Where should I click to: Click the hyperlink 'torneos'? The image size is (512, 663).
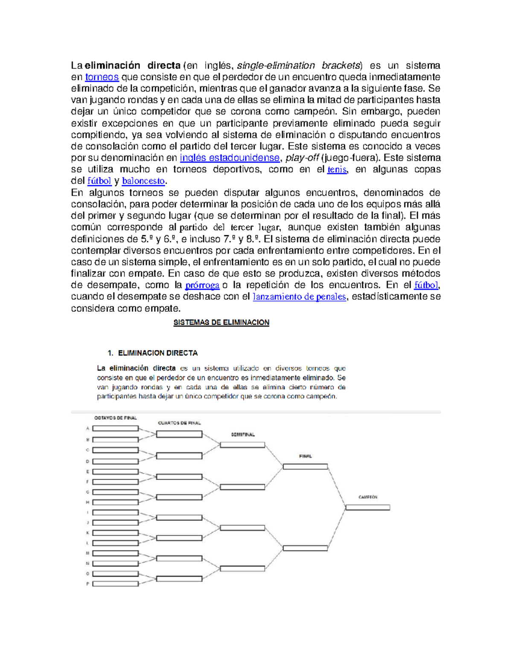[x=102, y=77]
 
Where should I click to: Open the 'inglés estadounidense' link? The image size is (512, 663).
[x=230, y=158]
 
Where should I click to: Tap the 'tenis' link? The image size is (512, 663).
[x=337, y=170]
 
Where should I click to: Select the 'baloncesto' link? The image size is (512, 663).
[x=143, y=181]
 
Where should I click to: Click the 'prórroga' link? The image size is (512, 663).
[x=202, y=285]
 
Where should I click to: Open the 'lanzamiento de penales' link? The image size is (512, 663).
[x=299, y=297]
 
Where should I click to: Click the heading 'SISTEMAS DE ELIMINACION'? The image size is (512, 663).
[x=221, y=323]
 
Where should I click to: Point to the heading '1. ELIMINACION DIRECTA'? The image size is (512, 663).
[x=152, y=353]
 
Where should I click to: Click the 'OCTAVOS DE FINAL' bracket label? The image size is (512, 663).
[x=115, y=418]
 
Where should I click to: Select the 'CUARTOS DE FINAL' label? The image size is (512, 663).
[x=179, y=423]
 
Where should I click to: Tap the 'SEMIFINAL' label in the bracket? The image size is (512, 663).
[x=243, y=435]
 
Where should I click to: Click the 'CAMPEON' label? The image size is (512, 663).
[x=368, y=497]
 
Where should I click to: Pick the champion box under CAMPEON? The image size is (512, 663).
[x=367, y=508]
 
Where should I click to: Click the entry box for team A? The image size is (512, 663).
[x=115, y=428]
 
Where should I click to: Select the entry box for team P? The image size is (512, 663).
[x=115, y=584]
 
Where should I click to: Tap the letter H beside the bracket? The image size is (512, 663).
[x=87, y=502]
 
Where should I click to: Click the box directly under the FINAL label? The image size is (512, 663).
[x=305, y=467]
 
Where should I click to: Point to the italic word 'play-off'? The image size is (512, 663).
[x=302, y=158]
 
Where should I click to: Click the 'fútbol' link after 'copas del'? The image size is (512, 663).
[x=99, y=181]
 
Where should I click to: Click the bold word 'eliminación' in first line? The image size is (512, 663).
[x=112, y=66]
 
